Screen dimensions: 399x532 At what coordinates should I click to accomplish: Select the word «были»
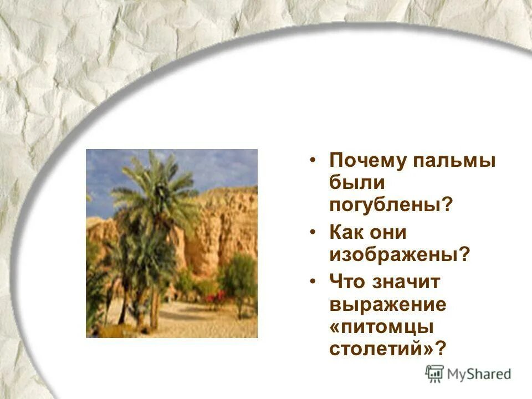[x=356, y=183]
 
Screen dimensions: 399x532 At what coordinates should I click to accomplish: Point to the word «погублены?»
[x=391, y=204]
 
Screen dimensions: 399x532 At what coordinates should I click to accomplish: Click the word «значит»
[x=407, y=282]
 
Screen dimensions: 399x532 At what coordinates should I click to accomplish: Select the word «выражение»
[x=388, y=304]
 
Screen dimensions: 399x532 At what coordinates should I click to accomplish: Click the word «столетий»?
[x=388, y=349]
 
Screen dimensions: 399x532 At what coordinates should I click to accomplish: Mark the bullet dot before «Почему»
[x=314, y=161]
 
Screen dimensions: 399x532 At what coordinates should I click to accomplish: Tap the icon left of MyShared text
[x=434, y=373]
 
